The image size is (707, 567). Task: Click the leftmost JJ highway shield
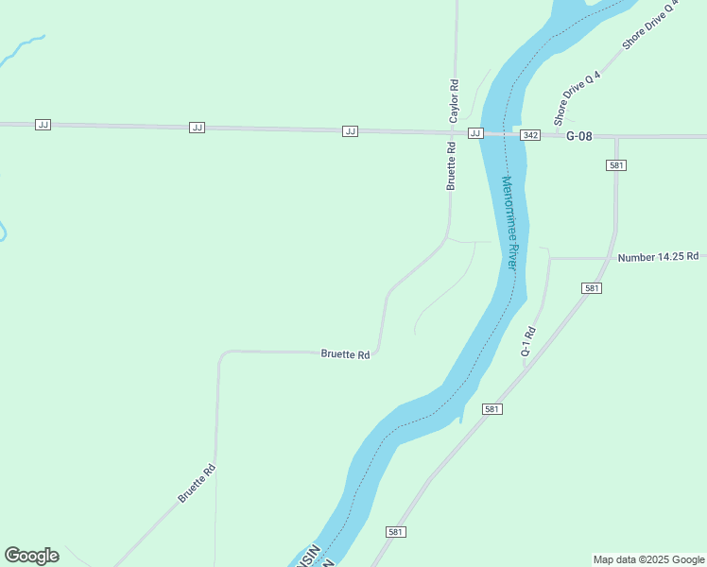coord(43,125)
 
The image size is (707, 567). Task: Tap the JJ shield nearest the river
coord(475,133)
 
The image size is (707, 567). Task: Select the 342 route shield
coord(530,136)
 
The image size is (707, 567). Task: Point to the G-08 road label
coord(578,136)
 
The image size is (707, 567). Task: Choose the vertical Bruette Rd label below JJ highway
coord(452,165)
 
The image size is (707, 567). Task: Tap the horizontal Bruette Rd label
coord(345,354)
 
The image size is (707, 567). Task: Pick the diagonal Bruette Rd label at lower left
coord(197,482)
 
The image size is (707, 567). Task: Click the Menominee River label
coord(510,223)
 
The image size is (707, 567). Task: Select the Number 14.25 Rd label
coord(658,256)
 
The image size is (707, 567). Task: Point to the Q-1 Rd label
coord(528,341)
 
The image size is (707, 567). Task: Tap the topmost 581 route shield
coord(616,165)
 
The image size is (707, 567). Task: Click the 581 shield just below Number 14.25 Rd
coord(592,288)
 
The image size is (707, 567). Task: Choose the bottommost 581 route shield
coord(396,532)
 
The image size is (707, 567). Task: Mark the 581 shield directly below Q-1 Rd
coord(491,409)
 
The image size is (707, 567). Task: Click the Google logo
coord(32,556)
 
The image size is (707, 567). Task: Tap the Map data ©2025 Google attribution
coord(648,559)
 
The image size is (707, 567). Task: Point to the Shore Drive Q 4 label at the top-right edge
coord(650,26)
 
